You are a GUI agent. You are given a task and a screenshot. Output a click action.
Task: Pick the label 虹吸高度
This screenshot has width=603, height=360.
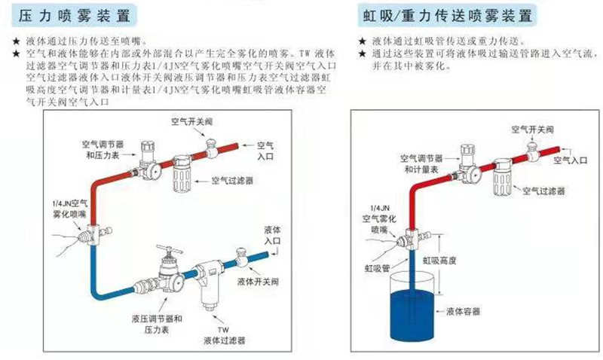448,261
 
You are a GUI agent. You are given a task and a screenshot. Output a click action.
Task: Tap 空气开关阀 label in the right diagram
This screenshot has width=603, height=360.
530,130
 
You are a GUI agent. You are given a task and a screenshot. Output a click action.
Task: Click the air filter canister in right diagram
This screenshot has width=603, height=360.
504,181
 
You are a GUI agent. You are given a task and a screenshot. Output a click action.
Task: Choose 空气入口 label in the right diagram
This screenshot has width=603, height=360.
570,160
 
